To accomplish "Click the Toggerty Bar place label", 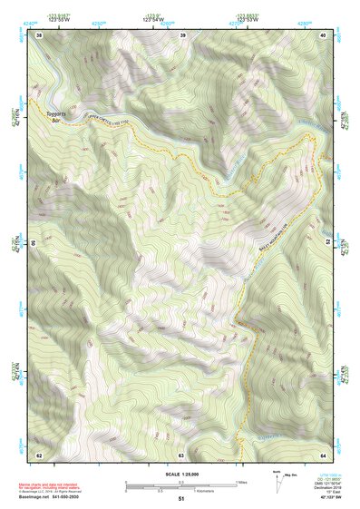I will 56,116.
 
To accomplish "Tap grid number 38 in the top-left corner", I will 39,34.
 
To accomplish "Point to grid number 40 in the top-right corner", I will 324,34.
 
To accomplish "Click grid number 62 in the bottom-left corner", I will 39,454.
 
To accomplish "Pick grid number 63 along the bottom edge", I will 180,454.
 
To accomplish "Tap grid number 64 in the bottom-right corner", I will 324,454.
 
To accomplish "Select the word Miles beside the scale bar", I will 242,482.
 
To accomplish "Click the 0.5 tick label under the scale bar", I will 155,491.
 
